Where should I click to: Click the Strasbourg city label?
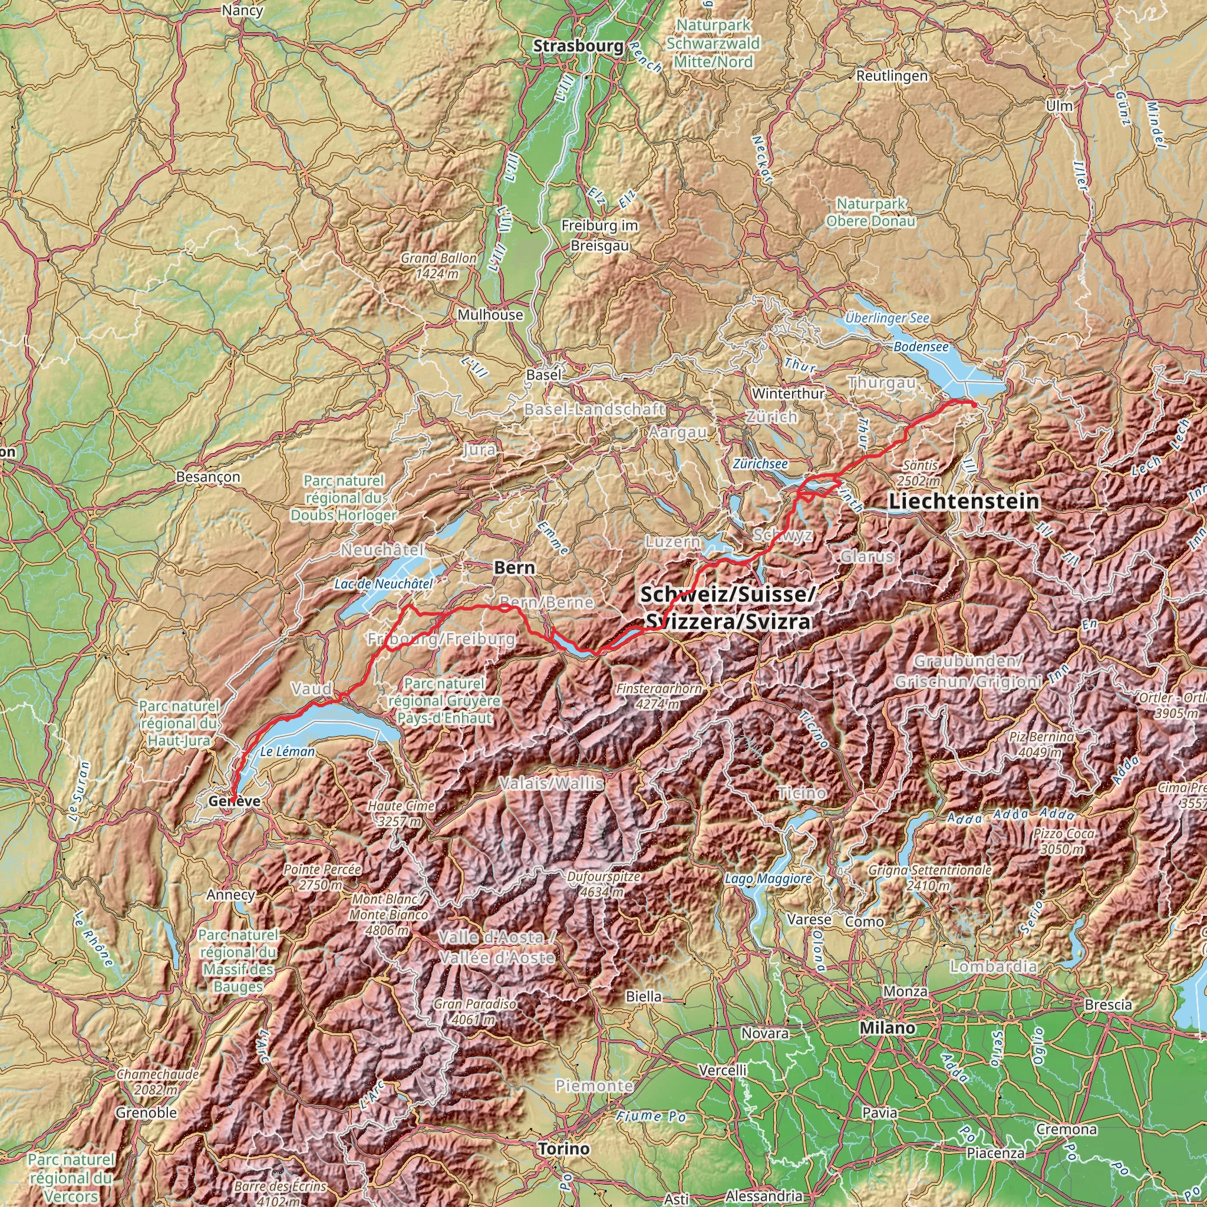(578, 45)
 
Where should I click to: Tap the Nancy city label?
(242, 10)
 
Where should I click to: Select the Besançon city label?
(208, 477)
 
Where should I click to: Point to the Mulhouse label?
(490, 314)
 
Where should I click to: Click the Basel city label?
(543, 374)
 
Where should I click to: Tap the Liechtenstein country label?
(965, 501)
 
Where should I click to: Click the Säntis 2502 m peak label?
(919, 473)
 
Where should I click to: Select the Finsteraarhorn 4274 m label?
(659, 696)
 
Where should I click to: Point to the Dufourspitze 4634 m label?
(603, 884)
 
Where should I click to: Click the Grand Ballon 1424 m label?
(438, 266)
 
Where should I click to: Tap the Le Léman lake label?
(288, 751)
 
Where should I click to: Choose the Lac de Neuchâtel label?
(383, 583)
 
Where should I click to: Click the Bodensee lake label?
(921, 346)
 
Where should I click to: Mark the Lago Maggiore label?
(768, 878)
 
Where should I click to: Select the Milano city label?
(887, 1028)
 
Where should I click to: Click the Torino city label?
(563, 1149)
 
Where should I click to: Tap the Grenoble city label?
(146, 1113)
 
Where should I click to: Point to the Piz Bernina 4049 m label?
(1041, 744)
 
